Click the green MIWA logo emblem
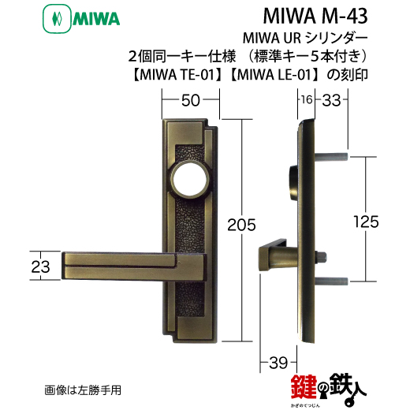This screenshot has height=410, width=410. pos(57,19)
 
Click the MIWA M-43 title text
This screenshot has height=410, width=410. pos(315,16)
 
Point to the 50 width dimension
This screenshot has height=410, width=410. pos(191,100)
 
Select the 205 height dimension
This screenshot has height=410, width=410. pos(241,225)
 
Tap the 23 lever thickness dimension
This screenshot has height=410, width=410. pos(40,266)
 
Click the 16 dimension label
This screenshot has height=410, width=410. pos(307,99)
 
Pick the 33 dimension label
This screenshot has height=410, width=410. pos(331,100)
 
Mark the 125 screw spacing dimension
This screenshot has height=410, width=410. pos(366,222)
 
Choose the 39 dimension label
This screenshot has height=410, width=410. pos(278,363)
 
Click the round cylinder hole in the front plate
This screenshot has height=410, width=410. pos(188,181)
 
